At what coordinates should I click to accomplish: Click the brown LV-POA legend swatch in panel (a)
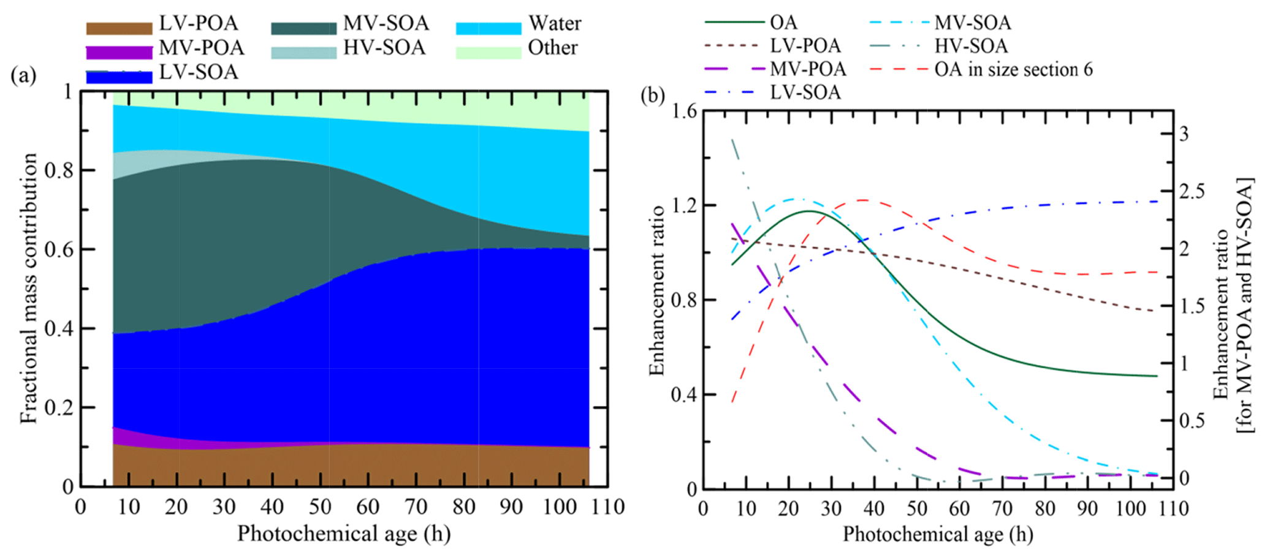coord(119,28)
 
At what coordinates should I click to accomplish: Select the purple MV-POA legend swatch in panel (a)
coord(119,53)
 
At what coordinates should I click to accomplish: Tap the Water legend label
coord(555,23)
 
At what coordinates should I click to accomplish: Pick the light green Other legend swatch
coord(489,53)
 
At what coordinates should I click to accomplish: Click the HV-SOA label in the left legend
coord(384,48)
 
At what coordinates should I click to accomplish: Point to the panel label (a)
coord(23,75)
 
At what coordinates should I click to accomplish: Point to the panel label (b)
coord(653,96)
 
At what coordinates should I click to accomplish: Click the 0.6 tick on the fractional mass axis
coord(59,249)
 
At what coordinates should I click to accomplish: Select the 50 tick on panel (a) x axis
coord(320,507)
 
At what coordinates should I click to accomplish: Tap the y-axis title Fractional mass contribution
coord(29,288)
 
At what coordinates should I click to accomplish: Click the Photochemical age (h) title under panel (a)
coord(344,534)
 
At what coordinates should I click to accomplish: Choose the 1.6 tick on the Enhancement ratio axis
coord(684,111)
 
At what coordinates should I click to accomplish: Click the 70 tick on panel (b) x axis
coord(1002,508)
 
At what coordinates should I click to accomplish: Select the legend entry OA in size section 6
coord(1013,70)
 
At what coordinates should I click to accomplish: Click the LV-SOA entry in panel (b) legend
coord(805,92)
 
